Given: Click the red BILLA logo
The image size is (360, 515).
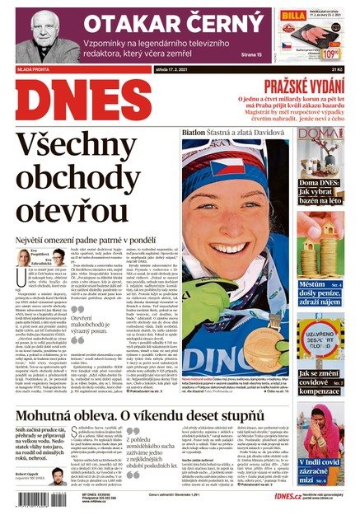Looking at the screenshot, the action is pos(293,16).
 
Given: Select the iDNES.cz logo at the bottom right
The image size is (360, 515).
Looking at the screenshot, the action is pos(262,496).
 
